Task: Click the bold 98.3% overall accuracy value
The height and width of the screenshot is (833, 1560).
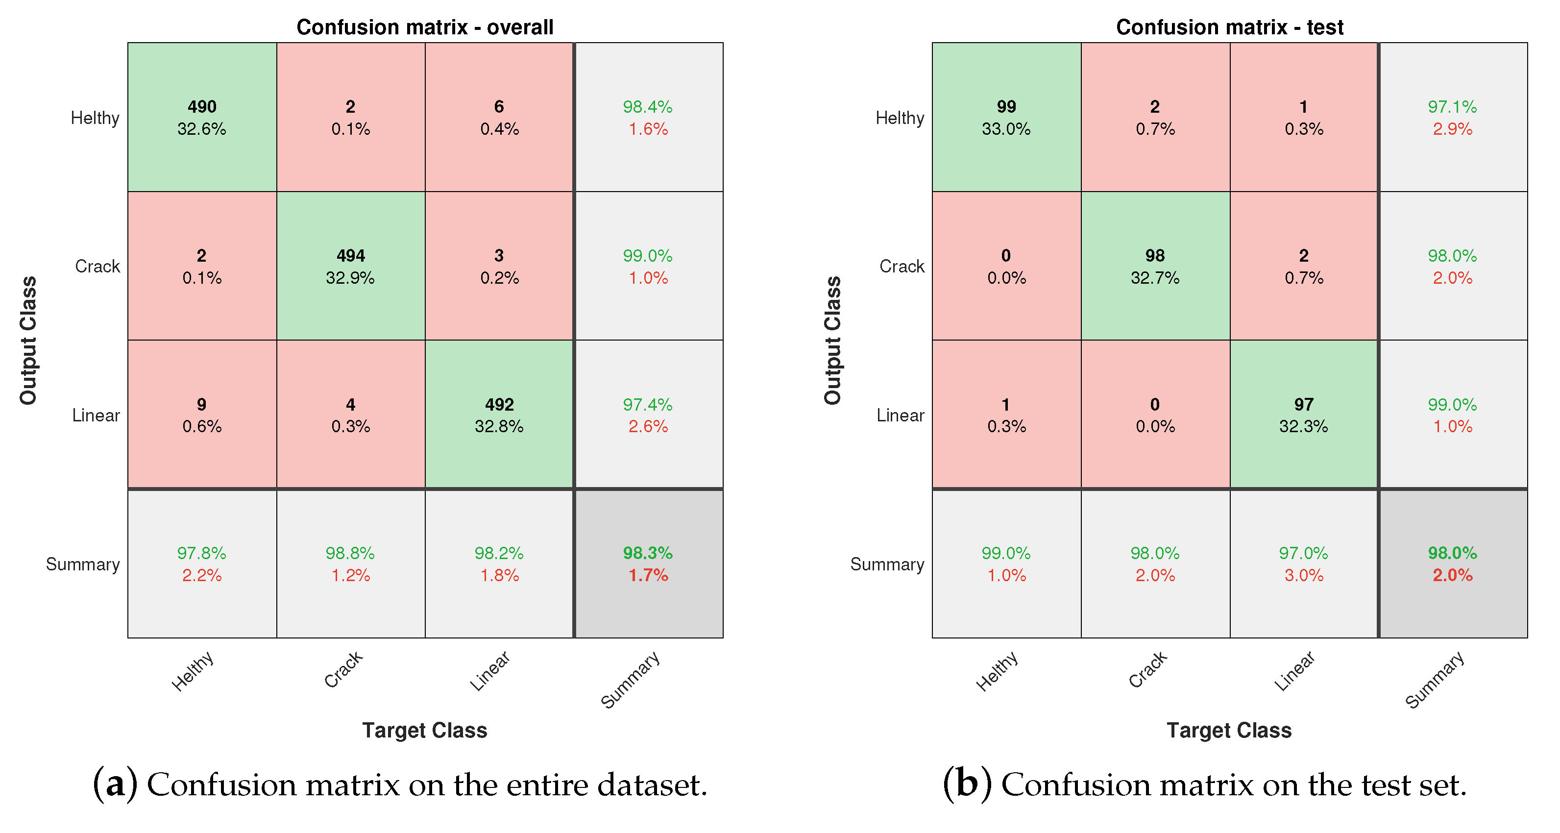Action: pyautogui.click(x=647, y=553)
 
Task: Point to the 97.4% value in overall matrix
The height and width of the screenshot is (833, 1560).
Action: pyautogui.click(x=647, y=405)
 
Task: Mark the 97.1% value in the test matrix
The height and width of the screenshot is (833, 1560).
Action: pyautogui.click(x=1452, y=107)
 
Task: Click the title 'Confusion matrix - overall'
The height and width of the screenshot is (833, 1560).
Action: pyautogui.click(x=424, y=27)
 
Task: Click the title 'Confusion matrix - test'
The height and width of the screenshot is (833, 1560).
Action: pyautogui.click(x=1229, y=27)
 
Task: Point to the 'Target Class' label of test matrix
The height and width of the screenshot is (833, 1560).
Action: pyautogui.click(x=1229, y=730)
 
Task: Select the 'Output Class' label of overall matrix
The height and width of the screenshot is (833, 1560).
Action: pyautogui.click(x=28, y=340)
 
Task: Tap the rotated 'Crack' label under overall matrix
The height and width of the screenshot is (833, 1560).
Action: pyautogui.click(x=343, y=669)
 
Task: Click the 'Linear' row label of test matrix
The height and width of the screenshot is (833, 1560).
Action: pyautogui.click(x=900, y=416)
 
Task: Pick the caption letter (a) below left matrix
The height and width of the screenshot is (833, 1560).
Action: pyautogui.click(x=115, y=784)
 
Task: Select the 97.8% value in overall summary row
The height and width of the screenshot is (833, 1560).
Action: pyautogui.click(x=202, y=553)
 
